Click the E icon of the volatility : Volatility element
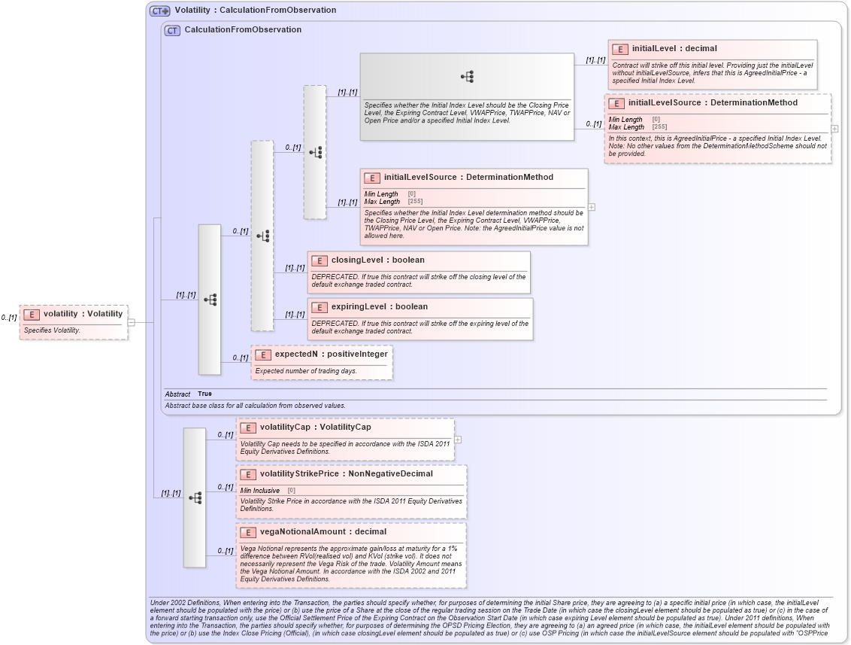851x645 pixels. pyautogui.click(x=32, y=314)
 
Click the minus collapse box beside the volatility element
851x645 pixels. pyautogui.click(x=131, y=322)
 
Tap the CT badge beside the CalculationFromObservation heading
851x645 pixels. pyautogui.click(x=172, y=30)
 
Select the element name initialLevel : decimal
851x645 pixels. pyautogui.click(x=674, y=49)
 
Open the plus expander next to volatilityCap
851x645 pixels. pyautogui.click(x=458, y=440)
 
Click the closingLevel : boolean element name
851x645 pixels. pyautogui.click(x=377, y=260)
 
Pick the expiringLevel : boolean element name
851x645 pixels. pyautogui.click(x=379, y=307)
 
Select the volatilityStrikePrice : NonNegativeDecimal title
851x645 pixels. pyautogui.click(x=346, y=474)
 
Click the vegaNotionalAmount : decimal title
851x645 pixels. pyautogui.click(x=323, y=532)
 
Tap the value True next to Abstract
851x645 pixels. pyautogui.click(x=204, y=394)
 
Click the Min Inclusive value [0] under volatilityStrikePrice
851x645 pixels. pyautogui.click(x=291, y=491)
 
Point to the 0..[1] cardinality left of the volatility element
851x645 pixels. pyautogui.click(x=8, y=318)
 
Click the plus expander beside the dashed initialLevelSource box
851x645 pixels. pyautogui.click(x=834, y=129)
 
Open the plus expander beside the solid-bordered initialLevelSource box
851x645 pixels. pyautogui.click(x=592, y=207)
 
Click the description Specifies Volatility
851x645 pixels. pyautogui.click(x=52, y=330)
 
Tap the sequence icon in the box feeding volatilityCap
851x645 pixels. pyautogui.click(x=195, y=498)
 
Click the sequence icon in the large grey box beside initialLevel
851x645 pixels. pyautogui.click(x=467, y=77)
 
